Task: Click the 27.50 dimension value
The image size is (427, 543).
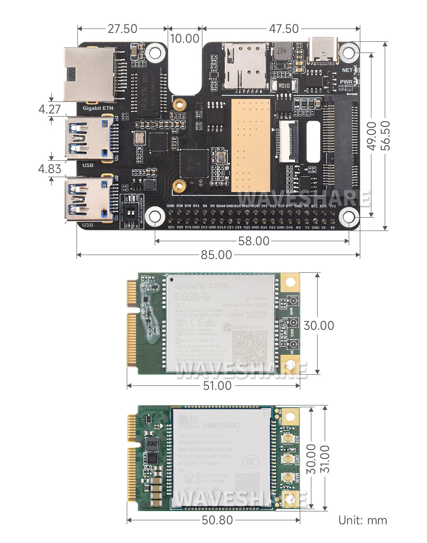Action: click(x=122, y=29)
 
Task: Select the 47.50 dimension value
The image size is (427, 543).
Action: click(x=284, y=29)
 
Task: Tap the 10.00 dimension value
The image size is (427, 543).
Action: click(x=185, y=39)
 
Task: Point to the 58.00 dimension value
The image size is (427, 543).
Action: click(x=253, y=241)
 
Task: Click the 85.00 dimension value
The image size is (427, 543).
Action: click(x=217, y=255)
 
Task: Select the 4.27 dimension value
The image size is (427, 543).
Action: click(x=49, y=109)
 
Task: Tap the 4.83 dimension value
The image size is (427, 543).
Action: click(x=49, y=169)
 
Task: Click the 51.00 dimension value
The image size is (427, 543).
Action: click(x=217, y=385)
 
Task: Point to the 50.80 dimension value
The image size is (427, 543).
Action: click(x=217, y=520)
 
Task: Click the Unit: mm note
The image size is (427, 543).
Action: click(x=363, y=520)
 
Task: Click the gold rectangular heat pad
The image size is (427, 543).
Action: click(x=250, y=145)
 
